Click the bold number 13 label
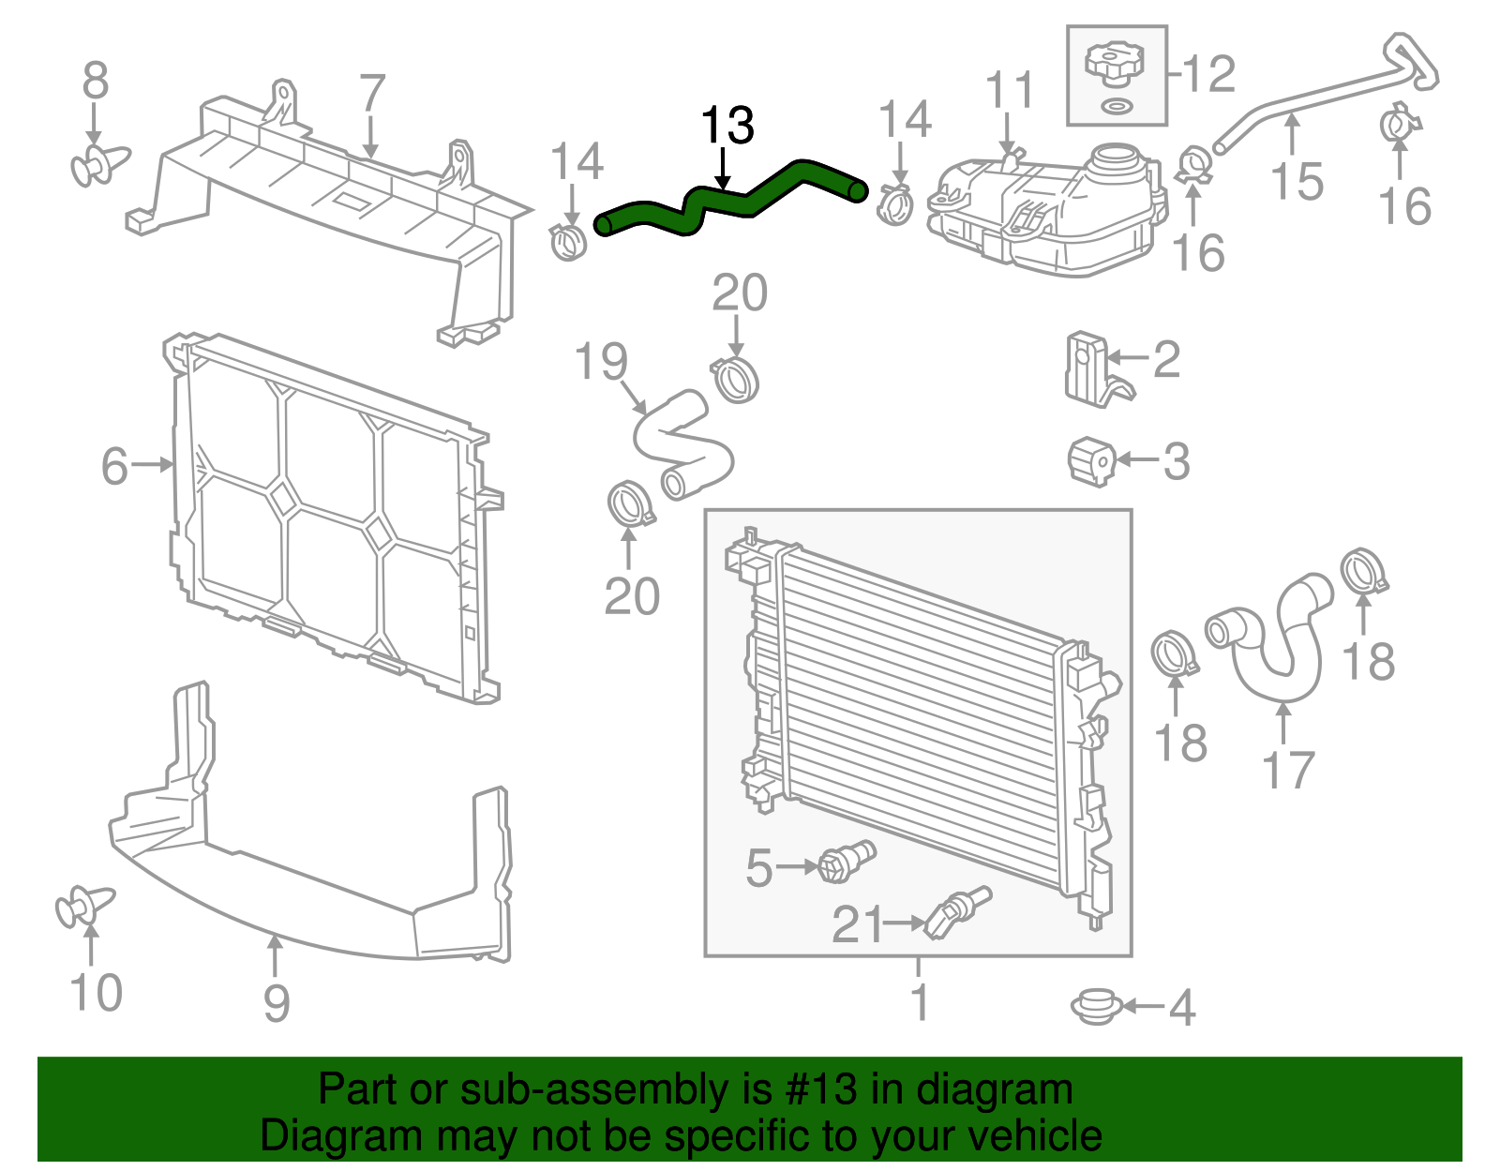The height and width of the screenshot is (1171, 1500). (727, 126)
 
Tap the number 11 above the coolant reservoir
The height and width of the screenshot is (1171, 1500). (1010, 91)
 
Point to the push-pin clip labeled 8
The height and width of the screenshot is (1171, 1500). (97, 166)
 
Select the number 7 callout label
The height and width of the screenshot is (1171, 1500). (372, 94)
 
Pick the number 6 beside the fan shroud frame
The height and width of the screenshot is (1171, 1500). (113, 466)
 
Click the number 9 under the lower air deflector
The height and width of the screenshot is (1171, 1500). (276, 1003)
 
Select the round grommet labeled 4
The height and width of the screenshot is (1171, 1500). (1096, 1006)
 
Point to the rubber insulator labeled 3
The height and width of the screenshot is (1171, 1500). (1091, 460)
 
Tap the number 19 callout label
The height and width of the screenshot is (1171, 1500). (600, 362)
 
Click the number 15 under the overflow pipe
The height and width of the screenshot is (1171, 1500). (1297, 181)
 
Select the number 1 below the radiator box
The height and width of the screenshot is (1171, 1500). (920, 1001)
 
